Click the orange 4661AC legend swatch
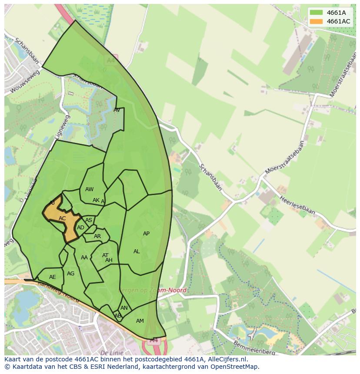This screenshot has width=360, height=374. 317,21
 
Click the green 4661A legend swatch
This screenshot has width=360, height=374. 317,13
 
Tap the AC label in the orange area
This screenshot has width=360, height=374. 62,218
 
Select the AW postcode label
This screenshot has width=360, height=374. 89,189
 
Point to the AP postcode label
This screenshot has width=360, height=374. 146,234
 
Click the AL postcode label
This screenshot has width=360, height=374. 137,252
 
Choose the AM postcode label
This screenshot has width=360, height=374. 140,321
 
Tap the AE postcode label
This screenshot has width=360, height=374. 53,277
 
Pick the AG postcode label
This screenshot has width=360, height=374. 71,274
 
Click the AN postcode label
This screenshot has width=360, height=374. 124,308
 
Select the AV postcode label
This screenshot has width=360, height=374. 117,110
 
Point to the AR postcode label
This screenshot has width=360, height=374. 97,236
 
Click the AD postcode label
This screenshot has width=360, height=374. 80,228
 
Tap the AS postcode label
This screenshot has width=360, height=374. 89,220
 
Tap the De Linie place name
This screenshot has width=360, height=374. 112,353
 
